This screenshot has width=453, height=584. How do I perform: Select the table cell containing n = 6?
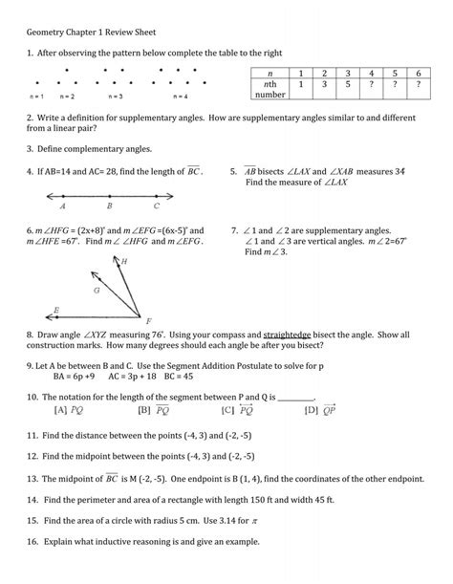[x=418, y=74]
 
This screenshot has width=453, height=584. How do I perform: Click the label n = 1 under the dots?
[x=37, y=97]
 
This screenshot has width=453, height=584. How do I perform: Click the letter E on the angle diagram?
[x=56, y=310]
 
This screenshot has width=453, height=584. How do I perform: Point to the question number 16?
[x=32, y=541]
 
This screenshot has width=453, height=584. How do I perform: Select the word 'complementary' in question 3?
[x=100, y=150]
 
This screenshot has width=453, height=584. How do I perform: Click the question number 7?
[x=235, y=230]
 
